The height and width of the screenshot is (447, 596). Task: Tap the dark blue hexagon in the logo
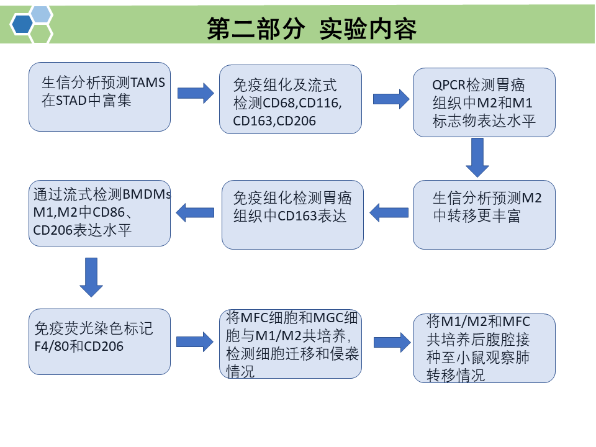pyautogui.click(x=22, y=24)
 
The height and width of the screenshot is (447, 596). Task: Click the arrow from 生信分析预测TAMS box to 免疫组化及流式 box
pyautogui.click(x=195, y=93)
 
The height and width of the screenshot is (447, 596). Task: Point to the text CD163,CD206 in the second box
pyautogui.click(x=274, y=121)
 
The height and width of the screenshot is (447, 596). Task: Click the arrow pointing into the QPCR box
pyautogui.click(x=391, y=99)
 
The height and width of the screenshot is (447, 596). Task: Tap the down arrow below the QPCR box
pyautogui.click(x=477, y=157)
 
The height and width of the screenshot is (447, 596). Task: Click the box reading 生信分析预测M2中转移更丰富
pyautogui.click(x=484, y=215)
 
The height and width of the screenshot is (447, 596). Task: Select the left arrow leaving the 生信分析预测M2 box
pyautogui.click(x=389, y=213)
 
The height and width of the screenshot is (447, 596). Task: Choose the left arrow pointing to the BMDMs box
pyautogui.click(x=196, y=213)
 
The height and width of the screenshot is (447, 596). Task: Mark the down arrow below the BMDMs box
pyautogui.click(x=91, y=277)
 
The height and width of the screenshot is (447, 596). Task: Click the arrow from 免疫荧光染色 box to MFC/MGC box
pyautogui.click(x=195, y=341)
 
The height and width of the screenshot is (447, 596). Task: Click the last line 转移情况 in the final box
pyautogui.click(x=456, y=376)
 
